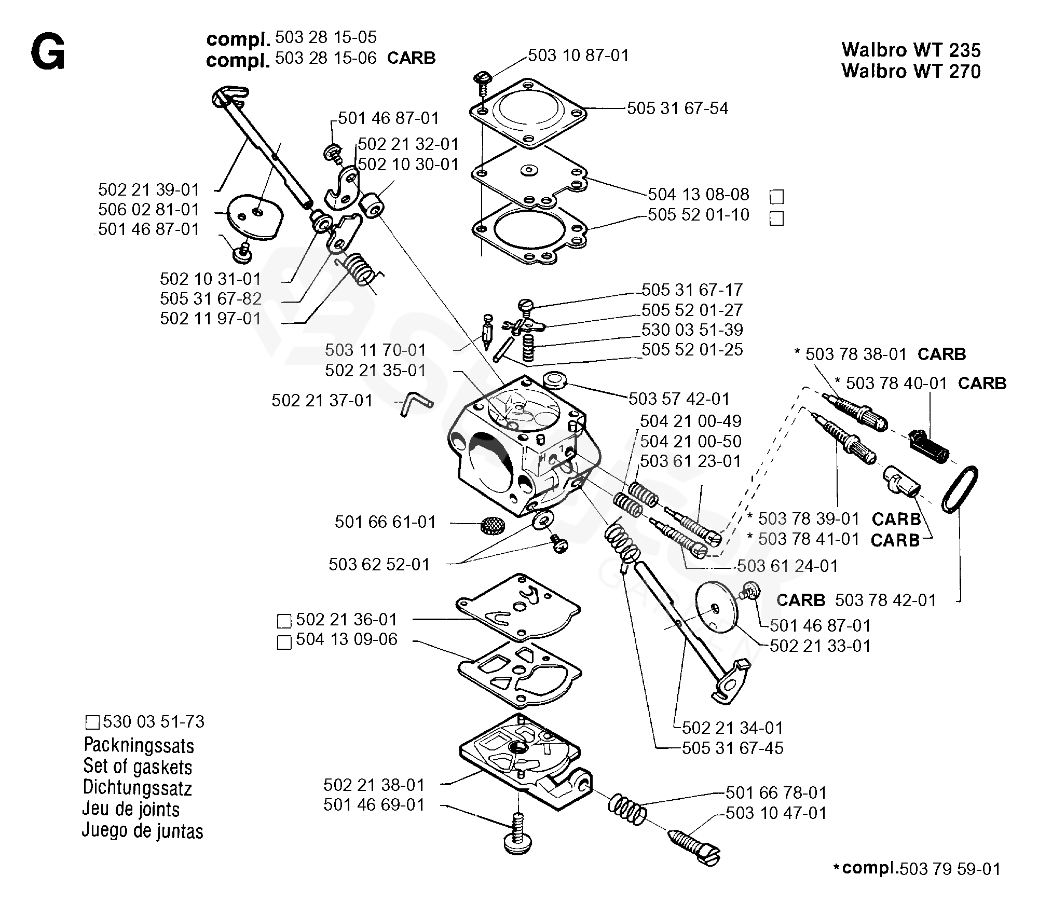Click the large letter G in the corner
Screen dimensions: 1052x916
[x=48, y=53]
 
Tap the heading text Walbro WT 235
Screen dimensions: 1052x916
[x=911, y=50]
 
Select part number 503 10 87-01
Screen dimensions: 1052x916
[x=578, y=55]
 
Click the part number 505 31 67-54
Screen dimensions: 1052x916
[x=677, y=108]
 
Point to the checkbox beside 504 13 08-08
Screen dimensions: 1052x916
[x=776, y=197]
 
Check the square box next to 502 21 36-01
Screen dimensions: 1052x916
[x=284, y=621]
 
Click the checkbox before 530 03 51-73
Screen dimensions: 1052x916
[x=92, y=722]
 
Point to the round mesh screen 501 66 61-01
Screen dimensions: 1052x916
[x=491, y=526]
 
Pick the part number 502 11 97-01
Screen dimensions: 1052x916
[x=210, y=318]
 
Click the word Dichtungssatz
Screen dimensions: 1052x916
[x=137, y=788]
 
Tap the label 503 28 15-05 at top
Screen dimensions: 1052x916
[x=325, y=37]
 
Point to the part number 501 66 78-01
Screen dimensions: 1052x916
[x=776, y=792]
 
